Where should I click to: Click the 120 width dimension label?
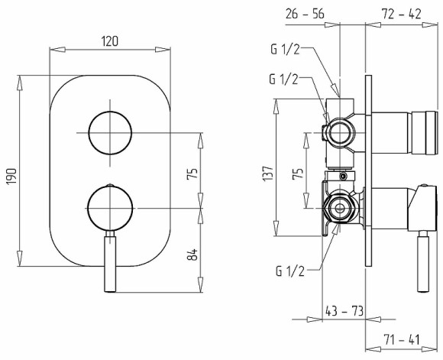click(x=110, y=41)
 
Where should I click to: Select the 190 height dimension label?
click(x=12, y=177)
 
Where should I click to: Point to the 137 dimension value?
click(x=268, y=174)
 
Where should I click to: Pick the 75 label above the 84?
click(x=192, y=174)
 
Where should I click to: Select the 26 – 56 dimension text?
click(x=305, y=14)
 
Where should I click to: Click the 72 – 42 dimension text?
click(x=401, y=14)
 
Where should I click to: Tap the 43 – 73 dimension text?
click(x=344, y=311)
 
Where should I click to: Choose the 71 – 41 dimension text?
click(x=402, y=339)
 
